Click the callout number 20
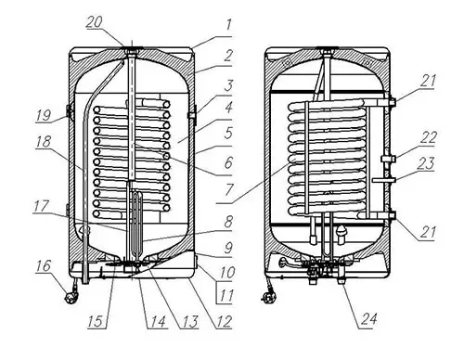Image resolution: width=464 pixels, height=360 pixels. [x=95, y=22]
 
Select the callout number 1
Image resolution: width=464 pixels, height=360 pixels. [x=228, y=25]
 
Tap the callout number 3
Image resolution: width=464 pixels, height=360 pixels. [x=228, y=85]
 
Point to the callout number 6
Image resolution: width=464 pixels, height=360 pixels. [x=228, y=162]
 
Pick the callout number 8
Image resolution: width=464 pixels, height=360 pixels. [x=228, y=222]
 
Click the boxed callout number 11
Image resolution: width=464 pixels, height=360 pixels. [x=226, y=295]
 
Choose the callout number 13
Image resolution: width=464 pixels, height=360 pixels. [x=189, y=322]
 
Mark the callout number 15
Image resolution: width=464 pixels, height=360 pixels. [x=96, y=322]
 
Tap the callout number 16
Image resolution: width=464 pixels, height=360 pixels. [x=44, y=265]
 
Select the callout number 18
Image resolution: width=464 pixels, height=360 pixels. [x=44, y=142]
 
